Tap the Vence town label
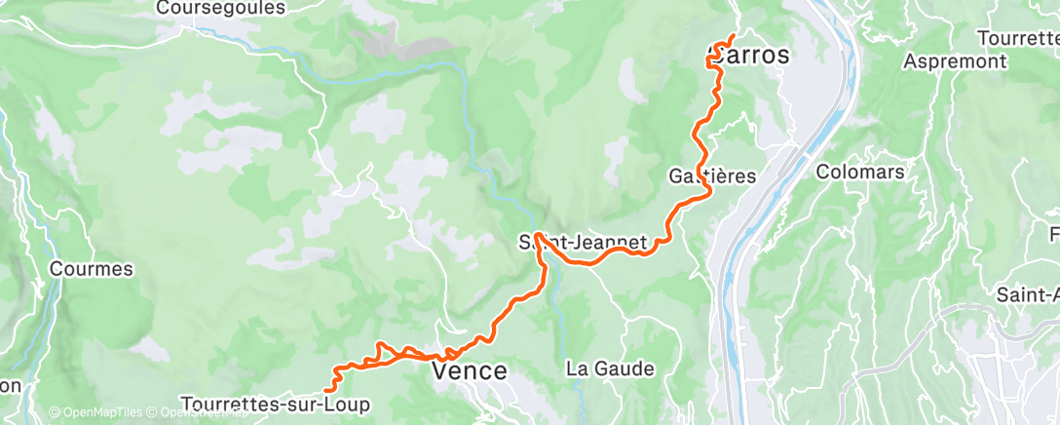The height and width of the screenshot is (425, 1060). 469,371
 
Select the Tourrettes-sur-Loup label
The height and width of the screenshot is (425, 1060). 276,404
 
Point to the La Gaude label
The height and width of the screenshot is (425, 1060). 610,369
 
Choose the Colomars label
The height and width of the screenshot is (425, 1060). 861,172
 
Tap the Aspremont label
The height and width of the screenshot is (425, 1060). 955,60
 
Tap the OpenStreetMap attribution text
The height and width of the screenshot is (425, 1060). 200,413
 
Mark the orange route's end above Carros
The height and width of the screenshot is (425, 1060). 732,37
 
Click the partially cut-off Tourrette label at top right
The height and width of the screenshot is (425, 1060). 1020,37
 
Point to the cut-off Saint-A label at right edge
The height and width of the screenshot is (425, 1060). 1028,293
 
